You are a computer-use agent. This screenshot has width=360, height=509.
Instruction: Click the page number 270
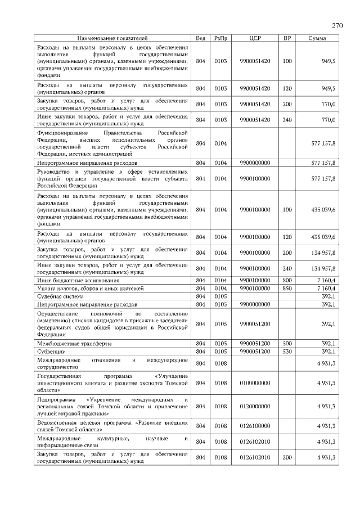[x=337, y=26]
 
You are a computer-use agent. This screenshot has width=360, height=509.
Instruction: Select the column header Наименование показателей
[x=112, y=38]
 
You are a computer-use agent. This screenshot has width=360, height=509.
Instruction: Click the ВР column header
[x=287, y=38]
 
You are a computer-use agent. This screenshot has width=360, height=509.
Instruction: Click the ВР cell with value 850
[x=287, y=288]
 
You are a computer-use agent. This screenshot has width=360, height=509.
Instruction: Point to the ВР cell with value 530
[x=287, y=351]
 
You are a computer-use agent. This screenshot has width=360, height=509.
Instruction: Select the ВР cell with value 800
[x=287, y=280]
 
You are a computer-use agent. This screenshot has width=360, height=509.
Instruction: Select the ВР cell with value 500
[x=287, y=343]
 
